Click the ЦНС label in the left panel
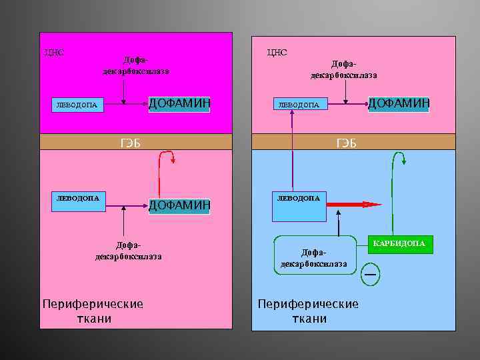pyautogui.click(x=54, y=52)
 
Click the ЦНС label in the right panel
pyautogui.click(x=277, y=52)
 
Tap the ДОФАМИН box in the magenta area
pyautogui.click(x=179, y=103)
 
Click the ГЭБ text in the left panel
pyautogui.click(x=130, y=142)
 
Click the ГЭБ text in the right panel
pyautogui.click(x=347, y=143)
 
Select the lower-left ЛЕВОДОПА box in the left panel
pyautogui.click(x=78, y=198)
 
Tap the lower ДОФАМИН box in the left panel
pyautogui.click(x=179, y=205)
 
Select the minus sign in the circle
pyautogui.click(x=371, y=273)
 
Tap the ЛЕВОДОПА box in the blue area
pyautogui.click(x=299, y=198)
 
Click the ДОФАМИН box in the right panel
pyautogui.click(x=399, y=103)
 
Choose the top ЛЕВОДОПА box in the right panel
pyautogui.click(x=299, y=105)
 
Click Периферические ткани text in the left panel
pyautogui.click(x=93, y=311)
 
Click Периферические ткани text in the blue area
pyautogui.click(x=309, y=311)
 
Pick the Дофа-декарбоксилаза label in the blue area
pyautogui.click(x=313, y=259)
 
